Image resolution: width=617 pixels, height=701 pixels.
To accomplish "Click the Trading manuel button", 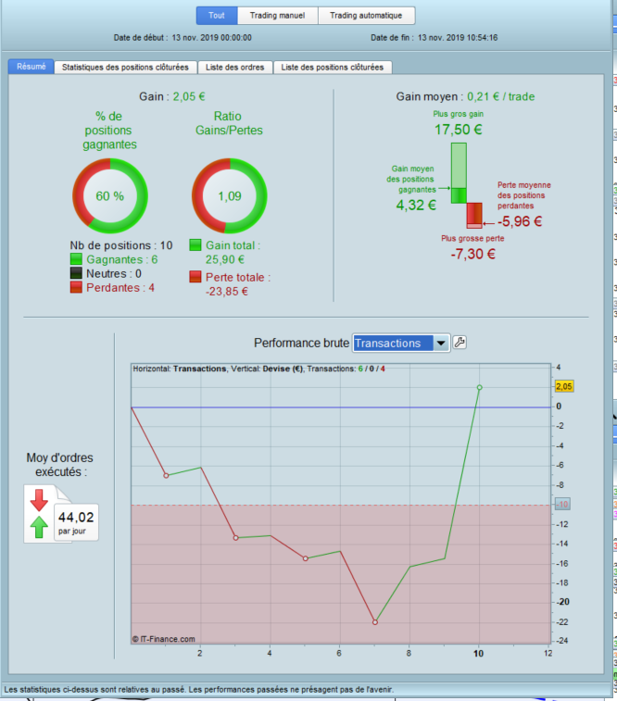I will (x=278, y=16).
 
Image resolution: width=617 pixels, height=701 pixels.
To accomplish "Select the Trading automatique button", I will (x=367, y=16).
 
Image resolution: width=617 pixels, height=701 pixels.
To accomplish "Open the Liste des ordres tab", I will (x=234, y=67).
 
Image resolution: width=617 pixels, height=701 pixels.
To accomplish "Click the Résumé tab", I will (x=31, y=67).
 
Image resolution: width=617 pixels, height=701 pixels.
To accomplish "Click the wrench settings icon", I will (x=460, y=343).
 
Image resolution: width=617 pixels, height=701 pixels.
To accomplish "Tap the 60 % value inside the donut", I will (x=110, y=196).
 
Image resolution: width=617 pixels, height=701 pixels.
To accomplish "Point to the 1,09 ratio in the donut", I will (x=229, y=196).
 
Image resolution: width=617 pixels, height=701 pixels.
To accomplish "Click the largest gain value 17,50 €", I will (x=458, y=130).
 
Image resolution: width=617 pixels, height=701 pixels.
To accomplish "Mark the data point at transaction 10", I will (x=479, y=387).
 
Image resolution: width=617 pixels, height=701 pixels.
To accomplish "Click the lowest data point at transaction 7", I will (x=375, y=622).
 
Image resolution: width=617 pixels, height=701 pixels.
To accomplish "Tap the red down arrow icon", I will (x=39, y=501).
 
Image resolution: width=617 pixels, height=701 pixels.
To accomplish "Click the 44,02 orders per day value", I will (x=76, y=518).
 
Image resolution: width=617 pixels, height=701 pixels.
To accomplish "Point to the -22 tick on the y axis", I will (x=560, y=621).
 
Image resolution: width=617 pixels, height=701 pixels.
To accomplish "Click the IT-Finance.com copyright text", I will (x=164, y=638).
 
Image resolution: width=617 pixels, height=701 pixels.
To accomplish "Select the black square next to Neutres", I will (x=77, y=274).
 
